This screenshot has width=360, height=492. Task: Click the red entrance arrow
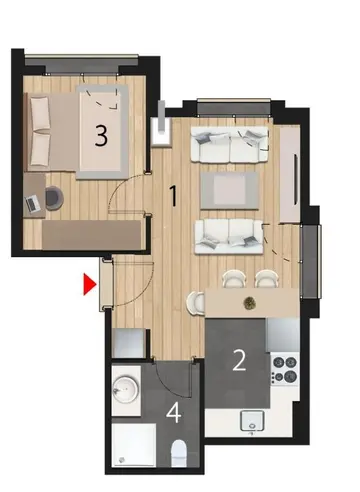click(x=90, y=284)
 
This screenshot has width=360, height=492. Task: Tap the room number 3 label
click(x=101, y=136)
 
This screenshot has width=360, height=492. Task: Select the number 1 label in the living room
click(x=173, y=196)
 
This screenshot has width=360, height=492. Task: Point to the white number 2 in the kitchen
click(x=239, y=361)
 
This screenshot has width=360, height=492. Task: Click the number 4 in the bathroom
click(x=174, y=413)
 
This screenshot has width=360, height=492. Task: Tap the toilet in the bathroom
click(x=179, y=453)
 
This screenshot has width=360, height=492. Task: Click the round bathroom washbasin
click(x=126, y=390)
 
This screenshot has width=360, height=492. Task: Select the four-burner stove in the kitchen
click(x=285, y=369)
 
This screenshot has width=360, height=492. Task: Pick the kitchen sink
click(x=252, y=421)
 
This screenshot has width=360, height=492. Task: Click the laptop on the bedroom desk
click(x=33, y=204)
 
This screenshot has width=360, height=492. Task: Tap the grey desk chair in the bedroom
click(x=54, y=198)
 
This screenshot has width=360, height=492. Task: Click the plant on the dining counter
click(x=248, y=302)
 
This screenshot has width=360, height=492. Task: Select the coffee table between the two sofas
click(x=230, y=190)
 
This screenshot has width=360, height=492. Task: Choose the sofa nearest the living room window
click(x=230, y=144)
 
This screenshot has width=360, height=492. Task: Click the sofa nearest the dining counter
click(x=229, y=236)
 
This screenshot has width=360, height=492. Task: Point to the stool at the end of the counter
click(x=196, y=302)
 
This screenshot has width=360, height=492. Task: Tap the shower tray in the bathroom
click(x=134, y=445)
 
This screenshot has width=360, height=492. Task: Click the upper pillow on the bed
click(x=40, y=114)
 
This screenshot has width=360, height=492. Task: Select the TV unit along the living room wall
click(x=290, y=174)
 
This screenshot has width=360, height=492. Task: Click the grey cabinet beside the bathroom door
click(x=129, y=343)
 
